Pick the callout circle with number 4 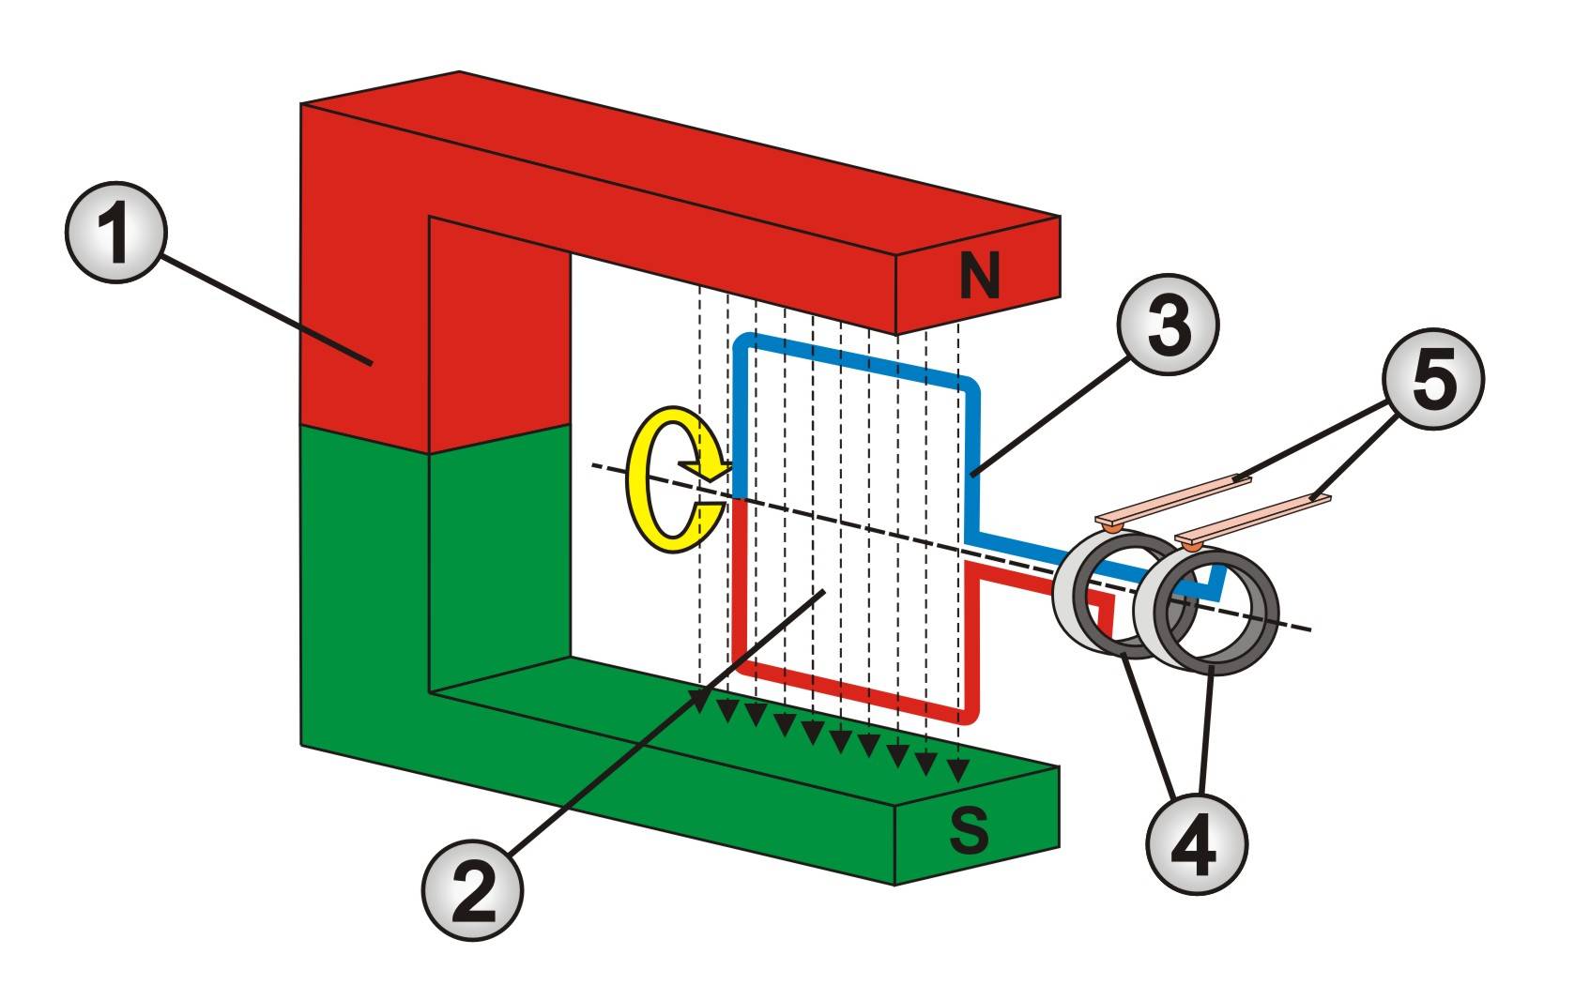(1197, 841)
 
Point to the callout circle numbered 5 (1433, 379)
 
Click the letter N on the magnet (980, 277)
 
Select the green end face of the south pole (976, 826)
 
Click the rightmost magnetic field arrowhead (957, 771)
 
